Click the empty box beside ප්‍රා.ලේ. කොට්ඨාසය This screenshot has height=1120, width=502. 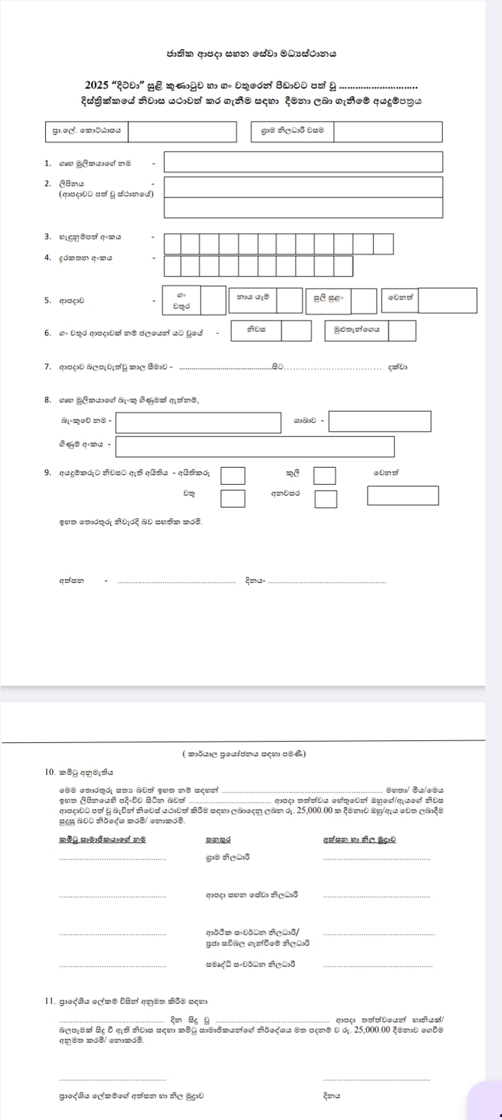point(182,131)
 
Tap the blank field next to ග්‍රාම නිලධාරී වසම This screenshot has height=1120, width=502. point(387,131)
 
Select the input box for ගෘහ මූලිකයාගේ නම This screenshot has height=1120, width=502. point(303,162)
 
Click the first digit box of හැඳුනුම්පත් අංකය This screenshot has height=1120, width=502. point(173,244)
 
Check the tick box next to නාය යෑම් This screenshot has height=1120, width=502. point(289,300)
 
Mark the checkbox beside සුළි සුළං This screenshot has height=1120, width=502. point(364,301)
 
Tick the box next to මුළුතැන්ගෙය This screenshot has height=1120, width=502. point(402,331)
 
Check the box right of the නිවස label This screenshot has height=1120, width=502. point(296,331)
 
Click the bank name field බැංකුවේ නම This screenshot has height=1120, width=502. point(198,422)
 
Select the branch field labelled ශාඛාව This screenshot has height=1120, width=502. point(380,421)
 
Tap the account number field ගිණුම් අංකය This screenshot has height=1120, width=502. point(255,446)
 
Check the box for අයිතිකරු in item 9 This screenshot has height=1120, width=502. point(233,475)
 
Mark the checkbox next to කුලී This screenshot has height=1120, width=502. point(325,475)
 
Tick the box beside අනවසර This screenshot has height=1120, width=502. point(326,498)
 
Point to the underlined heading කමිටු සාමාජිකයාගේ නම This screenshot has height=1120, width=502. point(102,839)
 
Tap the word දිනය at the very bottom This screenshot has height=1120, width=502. point(332,1096)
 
